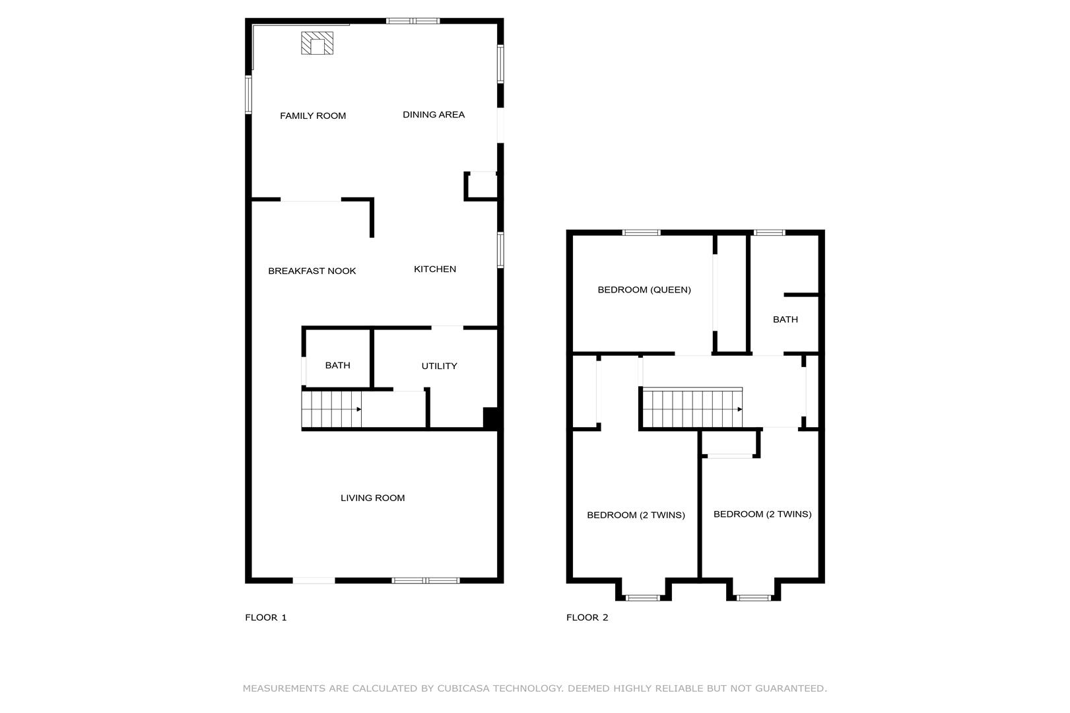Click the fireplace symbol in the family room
coord(317,43)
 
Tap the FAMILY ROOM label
coord(313,116)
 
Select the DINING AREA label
coord(434,115)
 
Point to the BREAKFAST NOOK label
coord(312,271)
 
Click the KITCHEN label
coord(435,269)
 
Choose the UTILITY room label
coord(440,366)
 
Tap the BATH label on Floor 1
coord(338,366)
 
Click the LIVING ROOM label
coord(372,498)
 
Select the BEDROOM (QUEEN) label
coord(644,290)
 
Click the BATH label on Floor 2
coord(786,320)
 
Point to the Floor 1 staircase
coord(331,409)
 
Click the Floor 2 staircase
coord(692,408)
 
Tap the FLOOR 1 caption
coord(265,617)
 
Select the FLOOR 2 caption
coord(587,617)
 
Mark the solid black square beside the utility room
coord(490,417)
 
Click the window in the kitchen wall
coord(500,250)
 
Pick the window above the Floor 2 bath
coord(769,233)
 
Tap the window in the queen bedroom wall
coord(642,233)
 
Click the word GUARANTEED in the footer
coord(791,689)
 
